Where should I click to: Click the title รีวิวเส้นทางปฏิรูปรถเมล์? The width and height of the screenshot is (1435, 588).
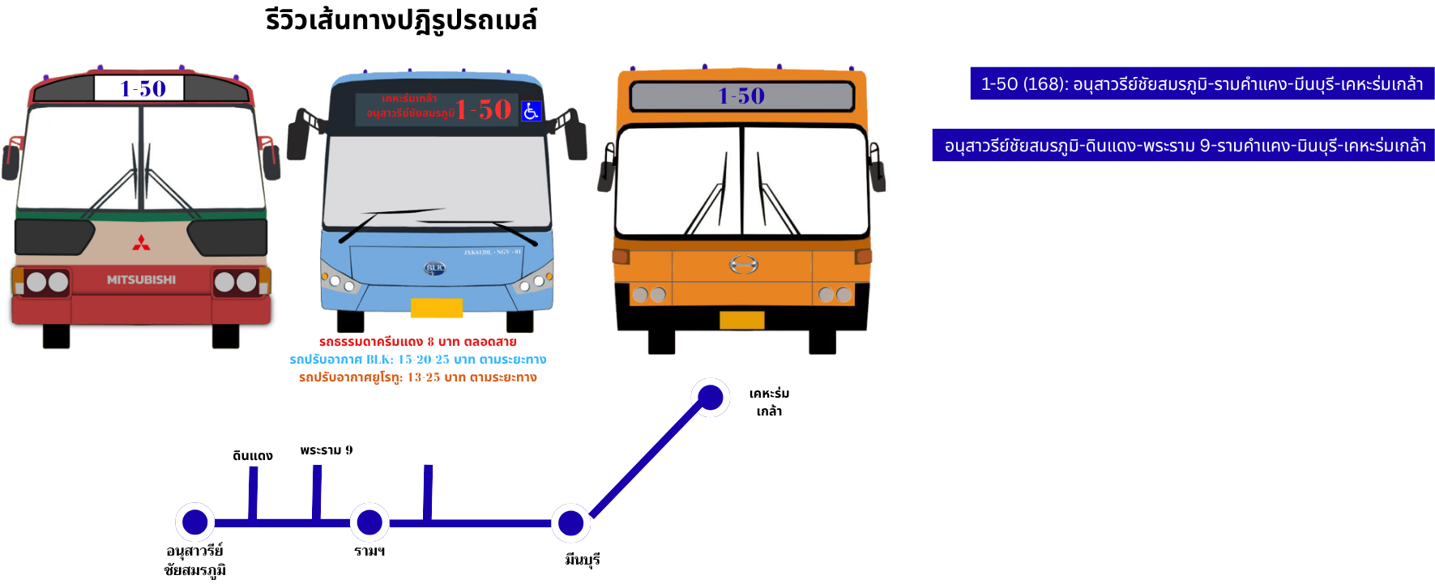pyautogui.click(x=401, y=20)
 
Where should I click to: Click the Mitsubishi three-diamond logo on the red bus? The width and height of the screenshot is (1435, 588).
pyautogui.click(x=141, y=243)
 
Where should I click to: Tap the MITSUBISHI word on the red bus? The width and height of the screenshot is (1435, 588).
pyautogui.click(x=141, y=279)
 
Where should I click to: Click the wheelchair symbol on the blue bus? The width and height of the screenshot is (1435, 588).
pyautogui.click(x=531, y=111)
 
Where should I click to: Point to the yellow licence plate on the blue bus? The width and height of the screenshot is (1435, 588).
pyautogui.click(x=437, y=308)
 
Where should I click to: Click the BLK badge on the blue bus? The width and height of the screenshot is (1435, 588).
pyautogui.click(x=435, y=268)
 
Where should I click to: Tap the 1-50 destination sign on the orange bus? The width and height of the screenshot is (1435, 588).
pyautogui.click(x=741, y=96)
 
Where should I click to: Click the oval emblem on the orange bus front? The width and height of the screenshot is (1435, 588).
pyautogui.click(x=743, y=264)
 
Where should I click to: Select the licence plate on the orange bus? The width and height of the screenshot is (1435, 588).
pyautogui.click(x=741, y=321)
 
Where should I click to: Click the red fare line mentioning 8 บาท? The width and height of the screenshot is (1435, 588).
pyautogui.click(x=417, y=342)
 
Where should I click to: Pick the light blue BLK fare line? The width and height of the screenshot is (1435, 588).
pyautogui.click(x=417, y=360)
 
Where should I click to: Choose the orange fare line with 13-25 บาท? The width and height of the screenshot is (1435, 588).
pyautogui.click(x=417, y=377)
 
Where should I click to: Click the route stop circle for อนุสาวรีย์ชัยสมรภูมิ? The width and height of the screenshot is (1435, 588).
pyautogui.click(x=195, y=522)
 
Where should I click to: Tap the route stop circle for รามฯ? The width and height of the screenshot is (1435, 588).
pyautogui.click(x=369, y=522)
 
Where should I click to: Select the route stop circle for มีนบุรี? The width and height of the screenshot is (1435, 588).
pyautogui.click(x=571, y=523)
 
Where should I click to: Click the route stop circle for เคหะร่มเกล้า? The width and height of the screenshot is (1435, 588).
pyautogui.click(x=710, y=398)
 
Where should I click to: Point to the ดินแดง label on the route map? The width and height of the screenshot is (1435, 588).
pyautogui.click(x=253, y=456)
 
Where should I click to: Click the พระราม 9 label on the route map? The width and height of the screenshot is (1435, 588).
pyautogui.click(x=327, y=450)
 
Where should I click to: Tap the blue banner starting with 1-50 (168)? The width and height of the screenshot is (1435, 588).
pyautogui.click(x=1202, y=84)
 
